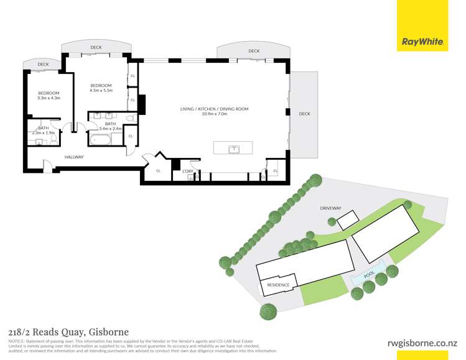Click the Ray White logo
tap(422, 42)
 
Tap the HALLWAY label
tap(73, 157)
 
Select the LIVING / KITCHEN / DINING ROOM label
tap(214, 109)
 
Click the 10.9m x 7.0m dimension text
tap(214, 114)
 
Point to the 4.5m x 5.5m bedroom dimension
tap(101, 90)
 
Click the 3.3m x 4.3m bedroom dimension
tap(48, 98)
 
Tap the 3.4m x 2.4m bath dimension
tap(110, 129)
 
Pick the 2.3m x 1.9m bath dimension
tap(43, 132)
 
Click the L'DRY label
tap(188, 170)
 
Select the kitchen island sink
tap(234, 149)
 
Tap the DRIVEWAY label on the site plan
tap(330, 208)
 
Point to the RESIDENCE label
tap(278, 285)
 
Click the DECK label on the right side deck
tap(304, 114)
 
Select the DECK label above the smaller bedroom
tap(43, 64)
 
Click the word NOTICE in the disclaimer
tap(17, 341)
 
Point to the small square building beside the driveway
tap(348, 219)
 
